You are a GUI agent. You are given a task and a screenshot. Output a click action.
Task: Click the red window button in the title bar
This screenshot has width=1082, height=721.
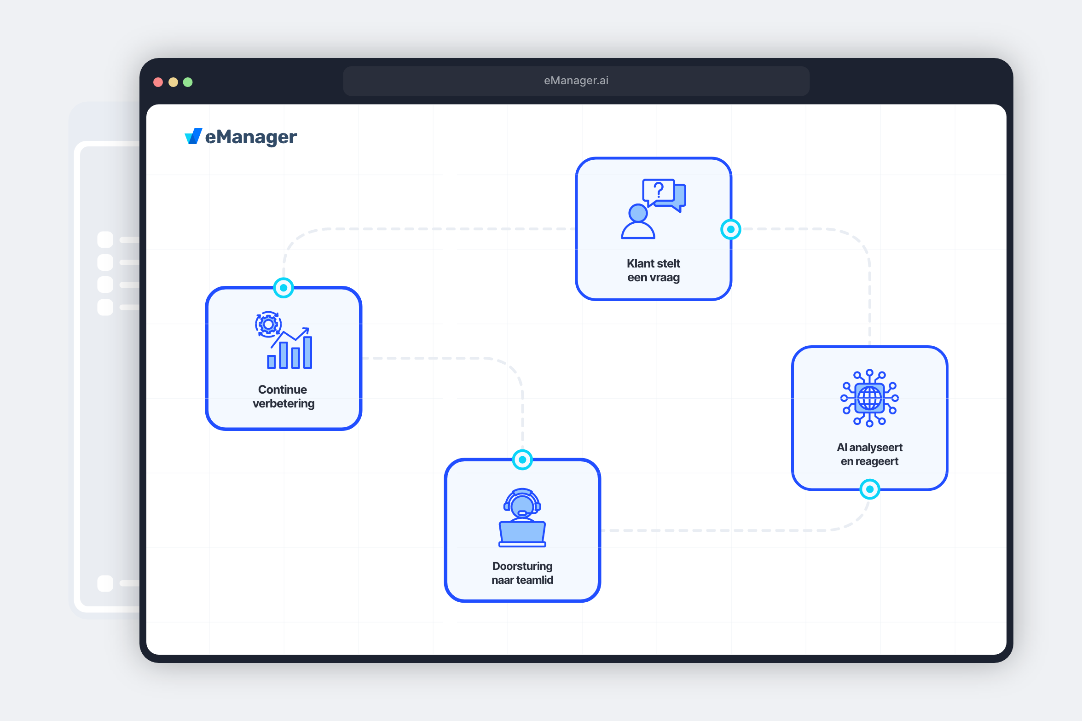click(x=158, y=82)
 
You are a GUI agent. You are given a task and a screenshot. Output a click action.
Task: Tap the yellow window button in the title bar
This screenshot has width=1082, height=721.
click(x=173, y=82)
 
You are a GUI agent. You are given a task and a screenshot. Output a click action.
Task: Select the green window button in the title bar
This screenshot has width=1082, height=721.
click(x=188, y=82)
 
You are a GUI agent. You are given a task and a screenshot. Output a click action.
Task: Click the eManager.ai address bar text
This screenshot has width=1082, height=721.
click(x=576, y=81)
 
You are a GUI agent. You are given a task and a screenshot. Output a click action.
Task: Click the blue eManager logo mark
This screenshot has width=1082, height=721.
click(x=193, y=136)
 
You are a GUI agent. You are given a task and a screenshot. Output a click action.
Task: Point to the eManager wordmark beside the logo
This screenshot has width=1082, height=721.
click(x=251, y=137)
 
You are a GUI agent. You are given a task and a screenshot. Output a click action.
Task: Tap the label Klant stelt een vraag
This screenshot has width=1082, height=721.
click(x=653, y=270)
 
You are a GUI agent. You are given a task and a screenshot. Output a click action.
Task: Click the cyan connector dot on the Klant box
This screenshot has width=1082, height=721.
click(x=730, y=229)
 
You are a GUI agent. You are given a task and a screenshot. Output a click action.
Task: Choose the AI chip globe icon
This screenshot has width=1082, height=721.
click(x=869, y=398)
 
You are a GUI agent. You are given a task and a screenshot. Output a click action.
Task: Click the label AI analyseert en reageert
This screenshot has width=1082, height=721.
click(x=869, y=454)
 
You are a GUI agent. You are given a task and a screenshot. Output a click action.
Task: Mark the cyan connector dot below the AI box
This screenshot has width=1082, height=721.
click(x=869, y=489)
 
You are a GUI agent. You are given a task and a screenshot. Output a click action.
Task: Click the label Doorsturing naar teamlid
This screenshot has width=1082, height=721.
click(x=522, y=573)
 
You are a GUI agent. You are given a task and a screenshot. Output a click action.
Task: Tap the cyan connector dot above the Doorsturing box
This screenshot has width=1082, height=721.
click(x=522, y=459)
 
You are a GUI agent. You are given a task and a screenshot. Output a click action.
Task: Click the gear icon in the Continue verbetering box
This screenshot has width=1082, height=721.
click(x=268, y=325)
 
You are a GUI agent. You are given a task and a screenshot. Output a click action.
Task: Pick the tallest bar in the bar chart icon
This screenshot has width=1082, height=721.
click(x=307, y=352)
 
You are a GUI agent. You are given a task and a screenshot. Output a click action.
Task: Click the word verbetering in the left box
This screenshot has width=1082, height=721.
click(x=284, y=404)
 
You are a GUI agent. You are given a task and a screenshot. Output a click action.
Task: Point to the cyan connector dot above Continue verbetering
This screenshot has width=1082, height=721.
click(x=284, y=288)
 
